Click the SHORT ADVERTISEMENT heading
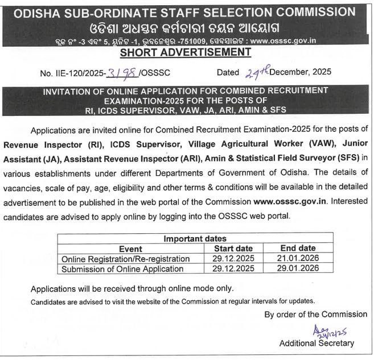(x=186, y=52)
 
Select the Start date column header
(x=233, y=249)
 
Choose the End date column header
(x=298, y=249)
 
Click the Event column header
(x=130, y=249)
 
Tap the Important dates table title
(x=195, y=239)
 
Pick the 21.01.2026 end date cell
(x=298, y=259)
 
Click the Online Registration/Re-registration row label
(x=125, y=259)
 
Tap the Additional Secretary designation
(x=317, y=343)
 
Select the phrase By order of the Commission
(x=316, y=314)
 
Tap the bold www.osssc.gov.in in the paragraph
(x=290, y=201)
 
